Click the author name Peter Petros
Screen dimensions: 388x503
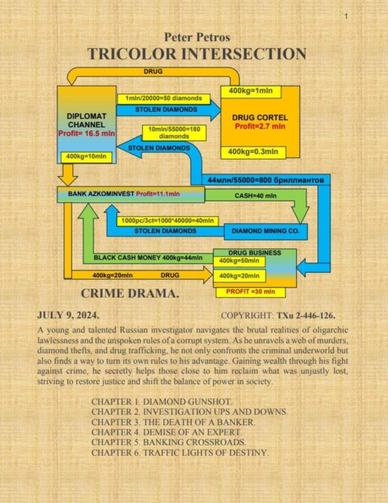(197, 37)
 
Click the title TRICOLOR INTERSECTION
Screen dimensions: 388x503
(197, 53)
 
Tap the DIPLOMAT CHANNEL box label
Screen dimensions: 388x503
(86, 120)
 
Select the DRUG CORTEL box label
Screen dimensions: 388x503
(260, 118)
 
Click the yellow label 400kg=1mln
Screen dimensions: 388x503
(251, 91)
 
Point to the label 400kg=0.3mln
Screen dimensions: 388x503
(254, 152)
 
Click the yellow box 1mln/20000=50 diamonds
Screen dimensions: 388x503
(163, 98)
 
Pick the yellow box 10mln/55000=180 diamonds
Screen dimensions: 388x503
(174, 133)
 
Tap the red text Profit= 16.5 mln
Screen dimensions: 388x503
(86, 134)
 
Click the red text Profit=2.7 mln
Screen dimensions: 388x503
(260, 127)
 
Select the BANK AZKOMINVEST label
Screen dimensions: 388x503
(101, 194)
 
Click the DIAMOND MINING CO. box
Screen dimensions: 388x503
(265, 231)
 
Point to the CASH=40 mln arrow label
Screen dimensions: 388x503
(255, 196)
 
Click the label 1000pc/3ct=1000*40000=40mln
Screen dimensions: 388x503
(168, 221)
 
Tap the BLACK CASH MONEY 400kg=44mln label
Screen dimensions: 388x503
(148, 258)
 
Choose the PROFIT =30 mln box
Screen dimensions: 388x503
(251, 292)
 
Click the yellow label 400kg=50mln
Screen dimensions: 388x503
(239, 261)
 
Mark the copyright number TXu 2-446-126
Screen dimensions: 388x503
(306, 316)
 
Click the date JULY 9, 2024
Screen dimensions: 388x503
(68, 315)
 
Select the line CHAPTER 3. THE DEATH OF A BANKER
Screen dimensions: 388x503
(173, 422)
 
